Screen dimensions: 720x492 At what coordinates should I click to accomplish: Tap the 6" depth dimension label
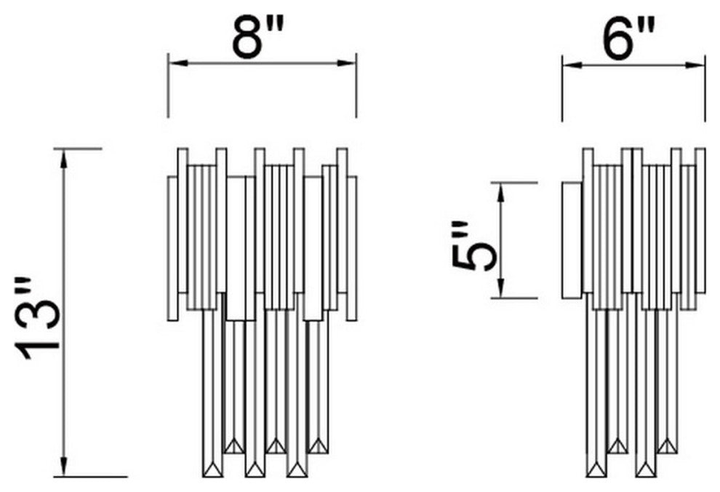pos(628,40)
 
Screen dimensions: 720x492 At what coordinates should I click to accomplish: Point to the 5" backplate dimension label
pos(475,247)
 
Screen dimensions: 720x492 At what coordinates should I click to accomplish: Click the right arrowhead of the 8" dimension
pos(346,63)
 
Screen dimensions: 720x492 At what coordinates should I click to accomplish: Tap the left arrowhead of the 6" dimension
pos(572,66)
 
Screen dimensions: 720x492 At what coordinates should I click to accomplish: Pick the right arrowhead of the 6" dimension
pos(695,66)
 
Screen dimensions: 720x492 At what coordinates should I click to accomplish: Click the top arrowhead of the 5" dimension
pos(501,192)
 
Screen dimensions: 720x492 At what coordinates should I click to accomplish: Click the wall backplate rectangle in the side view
pos(572,241)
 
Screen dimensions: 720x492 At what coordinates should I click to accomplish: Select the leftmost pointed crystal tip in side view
pos(596,470)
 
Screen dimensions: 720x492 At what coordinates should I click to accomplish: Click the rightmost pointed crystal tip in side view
pos(667,447)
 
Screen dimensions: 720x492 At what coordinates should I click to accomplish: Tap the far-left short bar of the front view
pos(172,248)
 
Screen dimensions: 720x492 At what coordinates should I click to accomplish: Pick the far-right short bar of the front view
pos(352,248)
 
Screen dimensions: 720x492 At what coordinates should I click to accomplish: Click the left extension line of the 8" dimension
pos(168,85)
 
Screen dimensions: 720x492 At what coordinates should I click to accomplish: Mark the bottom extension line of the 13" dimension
pos(90,477)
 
